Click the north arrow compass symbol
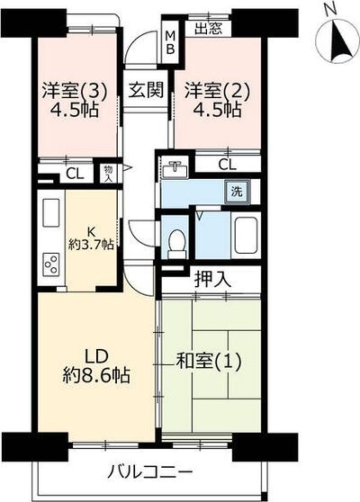pyautogui.click(x=334, y=36)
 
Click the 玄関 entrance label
pyautogui.click(x=144, y=90)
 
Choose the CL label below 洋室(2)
pyautogui.click(x=227, y=164)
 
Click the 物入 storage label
pyautogui.click(x=108, y=173)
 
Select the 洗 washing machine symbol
pyautogui.click(x=236, y=191)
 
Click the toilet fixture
pyautogui.click(x=176, y=241)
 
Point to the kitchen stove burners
pyautogui.click(x=51, y=264)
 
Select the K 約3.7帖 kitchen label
pyautogui.click(x=92, y=237)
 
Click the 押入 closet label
pyautogui.click(x=213, y=279)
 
